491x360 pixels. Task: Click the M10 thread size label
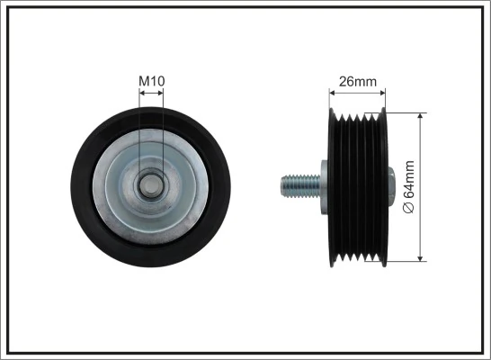tap(151, 82)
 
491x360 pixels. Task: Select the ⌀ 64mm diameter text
tap(408, 185)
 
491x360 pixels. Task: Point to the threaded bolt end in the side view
tap(295, 185)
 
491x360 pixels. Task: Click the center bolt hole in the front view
tap(152, 187)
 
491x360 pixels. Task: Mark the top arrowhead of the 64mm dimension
tap(419, 115)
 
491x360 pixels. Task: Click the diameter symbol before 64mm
tap(408, 208)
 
